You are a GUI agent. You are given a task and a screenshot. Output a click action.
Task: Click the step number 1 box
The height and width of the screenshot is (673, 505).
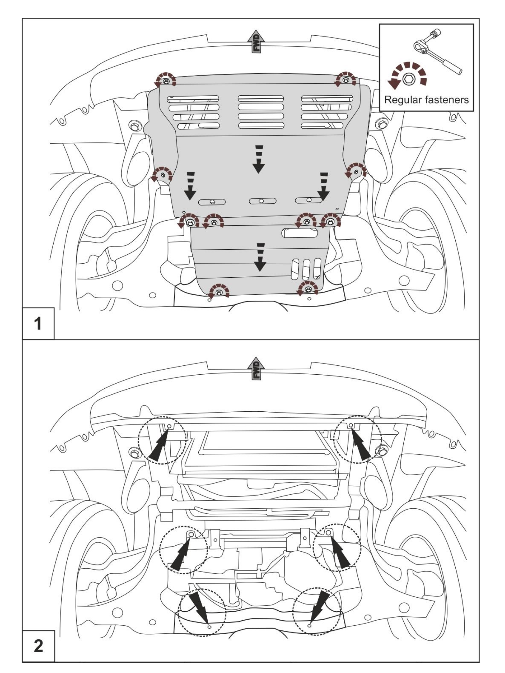coord(38,323)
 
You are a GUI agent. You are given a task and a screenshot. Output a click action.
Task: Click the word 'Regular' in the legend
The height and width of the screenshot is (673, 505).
coord(402,100)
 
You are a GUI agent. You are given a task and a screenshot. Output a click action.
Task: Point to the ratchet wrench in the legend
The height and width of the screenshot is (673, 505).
coord(437,52)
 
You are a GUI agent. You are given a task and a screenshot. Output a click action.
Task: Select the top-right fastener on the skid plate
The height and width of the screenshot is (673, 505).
coord(345,80)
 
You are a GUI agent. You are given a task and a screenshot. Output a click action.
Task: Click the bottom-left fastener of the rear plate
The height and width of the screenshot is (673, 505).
coord(219,292)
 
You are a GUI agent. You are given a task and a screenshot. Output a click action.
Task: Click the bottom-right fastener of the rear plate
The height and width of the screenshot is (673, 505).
coord(308,289)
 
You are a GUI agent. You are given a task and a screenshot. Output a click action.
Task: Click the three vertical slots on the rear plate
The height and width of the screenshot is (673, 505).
coord(306,269)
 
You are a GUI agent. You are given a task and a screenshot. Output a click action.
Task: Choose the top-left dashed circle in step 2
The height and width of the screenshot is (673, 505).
coord(162,440)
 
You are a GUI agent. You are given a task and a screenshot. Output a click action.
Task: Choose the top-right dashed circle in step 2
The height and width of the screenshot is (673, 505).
coord(357,439)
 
